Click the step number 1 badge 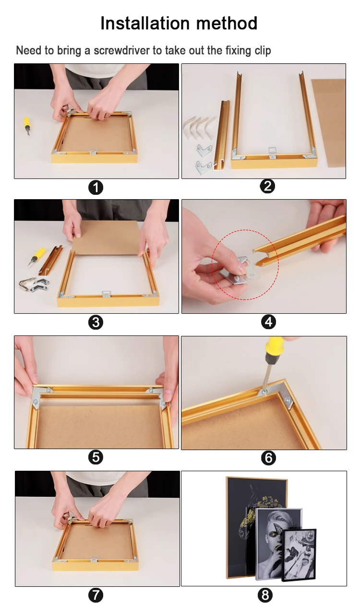(x=96, y=188)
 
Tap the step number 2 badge (x=267, y=186)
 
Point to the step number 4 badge (x=268, y=322)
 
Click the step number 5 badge (x=96, y=457)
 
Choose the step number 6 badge (x=268, y=458)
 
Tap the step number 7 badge (x=96, y=595)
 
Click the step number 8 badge (x=265, y=595)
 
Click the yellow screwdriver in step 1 (x=26, y=126)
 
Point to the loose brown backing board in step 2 (x=328, y=123)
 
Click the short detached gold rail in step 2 (x=222, y=135)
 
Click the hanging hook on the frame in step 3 (x=106, y=294)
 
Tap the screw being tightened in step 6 (x=264, y=391)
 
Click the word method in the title (x=227, y=23)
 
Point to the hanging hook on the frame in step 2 (x=272, y=152)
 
